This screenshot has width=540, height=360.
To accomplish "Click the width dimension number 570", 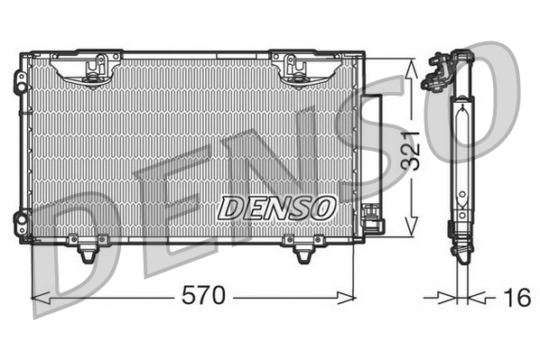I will coord(204,296).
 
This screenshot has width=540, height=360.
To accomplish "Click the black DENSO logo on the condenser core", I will coord(276,207).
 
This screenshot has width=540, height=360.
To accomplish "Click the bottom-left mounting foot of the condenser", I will coord(87,250).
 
